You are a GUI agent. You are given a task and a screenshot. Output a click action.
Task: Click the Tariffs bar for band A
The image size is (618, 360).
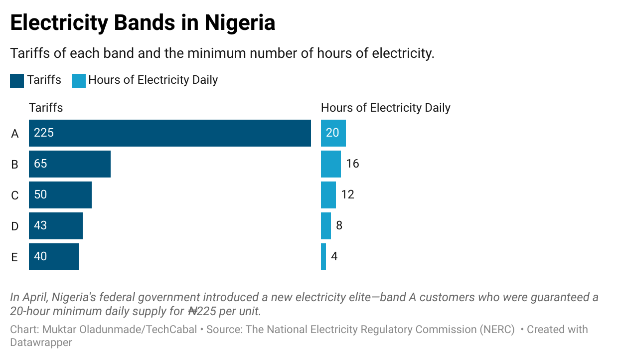(169, 133)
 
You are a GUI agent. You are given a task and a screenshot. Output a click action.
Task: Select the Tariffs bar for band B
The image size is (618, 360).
(70, 164)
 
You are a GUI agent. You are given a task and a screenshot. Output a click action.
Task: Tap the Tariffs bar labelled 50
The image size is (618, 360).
(60, 195)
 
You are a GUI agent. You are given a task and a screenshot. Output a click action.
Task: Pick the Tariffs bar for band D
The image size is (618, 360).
(56, 226)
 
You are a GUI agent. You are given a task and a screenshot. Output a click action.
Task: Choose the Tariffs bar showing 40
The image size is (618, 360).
(54, 257)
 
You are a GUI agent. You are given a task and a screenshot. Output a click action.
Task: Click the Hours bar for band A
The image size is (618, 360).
(333, 133)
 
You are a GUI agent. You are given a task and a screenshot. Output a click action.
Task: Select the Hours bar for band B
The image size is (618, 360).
(330, 164)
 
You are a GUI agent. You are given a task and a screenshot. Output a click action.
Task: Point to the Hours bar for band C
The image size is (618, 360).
(328, 195)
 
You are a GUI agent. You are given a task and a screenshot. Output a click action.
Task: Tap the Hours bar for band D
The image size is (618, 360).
(325, 226)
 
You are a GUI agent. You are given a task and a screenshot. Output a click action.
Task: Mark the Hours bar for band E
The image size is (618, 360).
(323, 257)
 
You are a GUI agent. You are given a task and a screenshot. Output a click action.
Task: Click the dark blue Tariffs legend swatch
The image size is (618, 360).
(17, 80)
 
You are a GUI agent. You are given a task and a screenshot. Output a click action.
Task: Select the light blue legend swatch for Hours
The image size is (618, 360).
(79, 80)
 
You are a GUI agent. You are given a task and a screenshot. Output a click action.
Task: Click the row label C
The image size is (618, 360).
(15, 195)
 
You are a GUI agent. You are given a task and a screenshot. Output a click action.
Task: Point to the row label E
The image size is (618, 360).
(14, 257)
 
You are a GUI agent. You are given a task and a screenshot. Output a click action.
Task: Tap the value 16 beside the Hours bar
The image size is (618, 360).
(352, 164)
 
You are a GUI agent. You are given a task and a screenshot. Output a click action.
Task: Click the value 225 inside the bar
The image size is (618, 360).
(44, 133)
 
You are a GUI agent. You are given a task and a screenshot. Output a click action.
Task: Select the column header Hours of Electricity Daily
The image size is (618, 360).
(385, 108)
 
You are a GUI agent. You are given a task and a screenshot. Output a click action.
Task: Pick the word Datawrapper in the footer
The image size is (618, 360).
(41, 343)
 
